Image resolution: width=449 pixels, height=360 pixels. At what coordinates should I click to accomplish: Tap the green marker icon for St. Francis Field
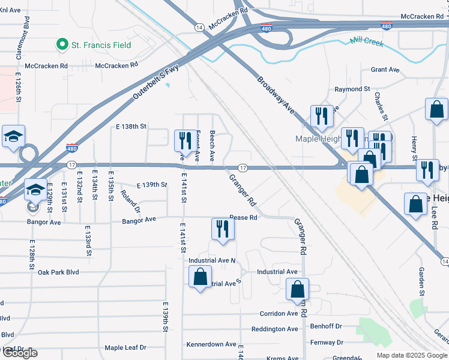tap(61, 44)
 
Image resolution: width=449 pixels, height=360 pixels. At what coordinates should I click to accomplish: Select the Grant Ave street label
tap(385, 70)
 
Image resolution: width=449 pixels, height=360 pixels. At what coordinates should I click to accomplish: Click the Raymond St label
tap(352, 89)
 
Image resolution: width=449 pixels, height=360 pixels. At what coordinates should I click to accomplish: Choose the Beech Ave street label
tap(212, 146)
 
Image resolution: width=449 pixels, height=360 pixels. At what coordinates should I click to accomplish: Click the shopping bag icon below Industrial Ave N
tap(200, 277)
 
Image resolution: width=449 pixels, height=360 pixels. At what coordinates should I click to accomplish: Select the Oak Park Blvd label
tap(58, 272)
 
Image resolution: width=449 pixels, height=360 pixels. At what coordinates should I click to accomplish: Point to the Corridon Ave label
tap(279, 313)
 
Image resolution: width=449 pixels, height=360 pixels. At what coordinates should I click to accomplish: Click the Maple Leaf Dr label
tap(125, 347)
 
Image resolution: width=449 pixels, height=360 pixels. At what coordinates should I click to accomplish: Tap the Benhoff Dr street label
tap(326, 326)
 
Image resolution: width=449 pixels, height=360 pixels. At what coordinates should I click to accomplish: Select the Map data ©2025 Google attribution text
tap(411, 355)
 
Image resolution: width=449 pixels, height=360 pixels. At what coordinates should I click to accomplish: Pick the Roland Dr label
tap(130, 202)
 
